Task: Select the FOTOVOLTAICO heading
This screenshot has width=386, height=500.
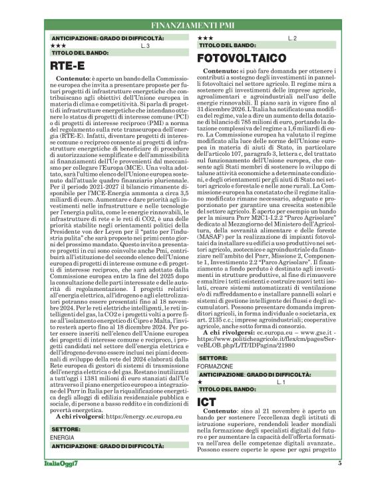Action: point(242,59)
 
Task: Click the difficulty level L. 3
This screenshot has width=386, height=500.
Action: point(145,47)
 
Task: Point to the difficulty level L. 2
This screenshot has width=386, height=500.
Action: point(291,39)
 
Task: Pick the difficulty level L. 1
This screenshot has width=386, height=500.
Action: point(280,382)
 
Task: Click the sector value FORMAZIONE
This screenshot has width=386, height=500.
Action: point(215,366)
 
